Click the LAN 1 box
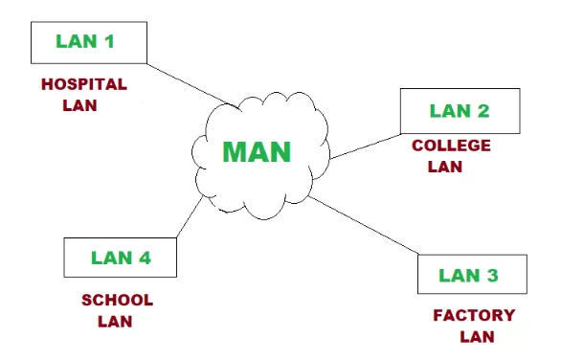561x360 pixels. (88, 42)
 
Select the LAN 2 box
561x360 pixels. (460, 110)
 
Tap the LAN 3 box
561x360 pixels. (472, 275)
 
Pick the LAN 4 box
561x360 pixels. (120, 258)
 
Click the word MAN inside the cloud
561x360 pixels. (257, 151)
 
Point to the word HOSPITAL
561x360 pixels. (84, 84)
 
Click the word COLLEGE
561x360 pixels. (451, 146)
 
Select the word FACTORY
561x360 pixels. (474, 315)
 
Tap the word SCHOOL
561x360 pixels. (117, 300)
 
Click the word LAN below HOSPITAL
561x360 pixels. (79, 104)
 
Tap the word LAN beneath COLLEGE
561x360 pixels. (444, 167)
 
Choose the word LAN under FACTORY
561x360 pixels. (477, 336)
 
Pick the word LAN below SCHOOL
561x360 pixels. (115, 321)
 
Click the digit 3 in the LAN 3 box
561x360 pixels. (492, 276)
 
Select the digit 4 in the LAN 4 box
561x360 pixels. (143, 258)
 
